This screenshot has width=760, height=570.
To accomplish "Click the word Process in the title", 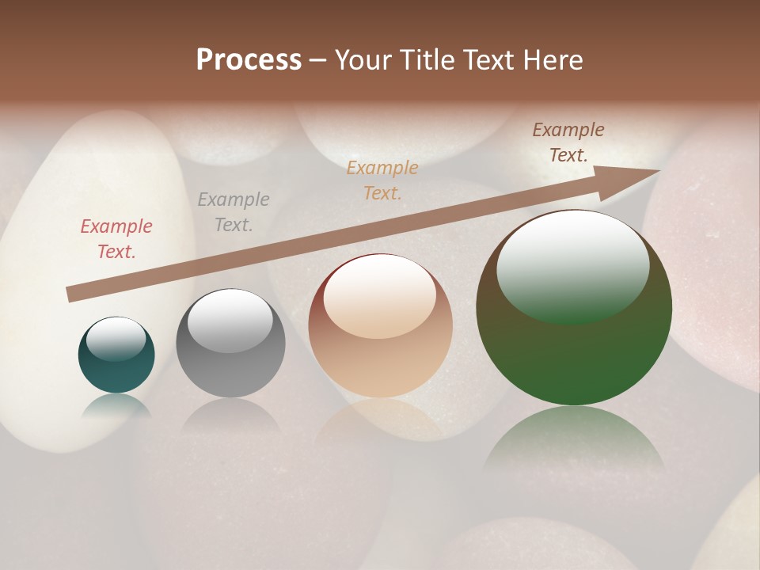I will click(x=249, y=60).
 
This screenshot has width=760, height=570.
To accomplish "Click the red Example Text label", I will click(x=116, y=239).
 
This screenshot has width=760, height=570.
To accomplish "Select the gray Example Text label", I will click(x=234, y=212).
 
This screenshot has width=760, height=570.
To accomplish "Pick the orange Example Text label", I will click(x=382, y=180).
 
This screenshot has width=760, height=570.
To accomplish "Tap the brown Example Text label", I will click(x=568, y=142).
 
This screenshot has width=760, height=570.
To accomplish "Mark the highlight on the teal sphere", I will click(x=116, y=338).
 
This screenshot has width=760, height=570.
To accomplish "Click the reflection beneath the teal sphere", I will click(x=116, y=405).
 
